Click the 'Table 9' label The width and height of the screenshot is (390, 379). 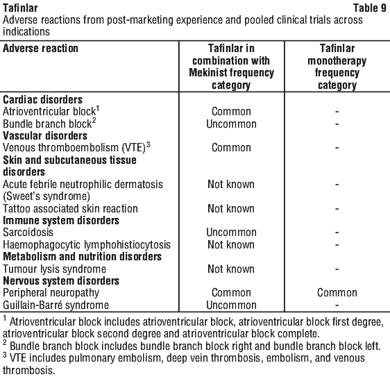point(369,8)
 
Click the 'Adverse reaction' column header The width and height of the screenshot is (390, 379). point(40,48)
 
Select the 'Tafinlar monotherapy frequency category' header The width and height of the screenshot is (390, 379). point(337,67)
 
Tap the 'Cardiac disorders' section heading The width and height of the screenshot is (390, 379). point(42,99)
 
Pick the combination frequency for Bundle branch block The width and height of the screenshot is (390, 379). point(231,124)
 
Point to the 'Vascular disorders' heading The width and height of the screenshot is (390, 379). point(45,135)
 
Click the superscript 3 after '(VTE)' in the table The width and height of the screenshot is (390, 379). point(149,144)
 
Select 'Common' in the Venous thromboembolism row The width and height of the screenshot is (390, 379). point(231,148)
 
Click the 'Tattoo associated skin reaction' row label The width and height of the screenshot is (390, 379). point(70,208)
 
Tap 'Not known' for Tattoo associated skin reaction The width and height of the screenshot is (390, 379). point(231,208)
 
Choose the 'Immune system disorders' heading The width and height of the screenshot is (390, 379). point(61,221)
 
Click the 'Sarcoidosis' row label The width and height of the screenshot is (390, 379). point(28,232)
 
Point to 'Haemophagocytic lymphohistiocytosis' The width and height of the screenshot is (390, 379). point(87,244)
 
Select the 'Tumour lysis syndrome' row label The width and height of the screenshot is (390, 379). point(54,269)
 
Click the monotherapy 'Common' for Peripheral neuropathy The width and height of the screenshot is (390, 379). point(337,293)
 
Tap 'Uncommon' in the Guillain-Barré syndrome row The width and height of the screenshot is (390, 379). point(231,305)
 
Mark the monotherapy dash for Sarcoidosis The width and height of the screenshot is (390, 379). point(337,233)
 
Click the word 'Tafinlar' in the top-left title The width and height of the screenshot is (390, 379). point(20,8)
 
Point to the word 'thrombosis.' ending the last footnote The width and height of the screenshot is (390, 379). point(29,370)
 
